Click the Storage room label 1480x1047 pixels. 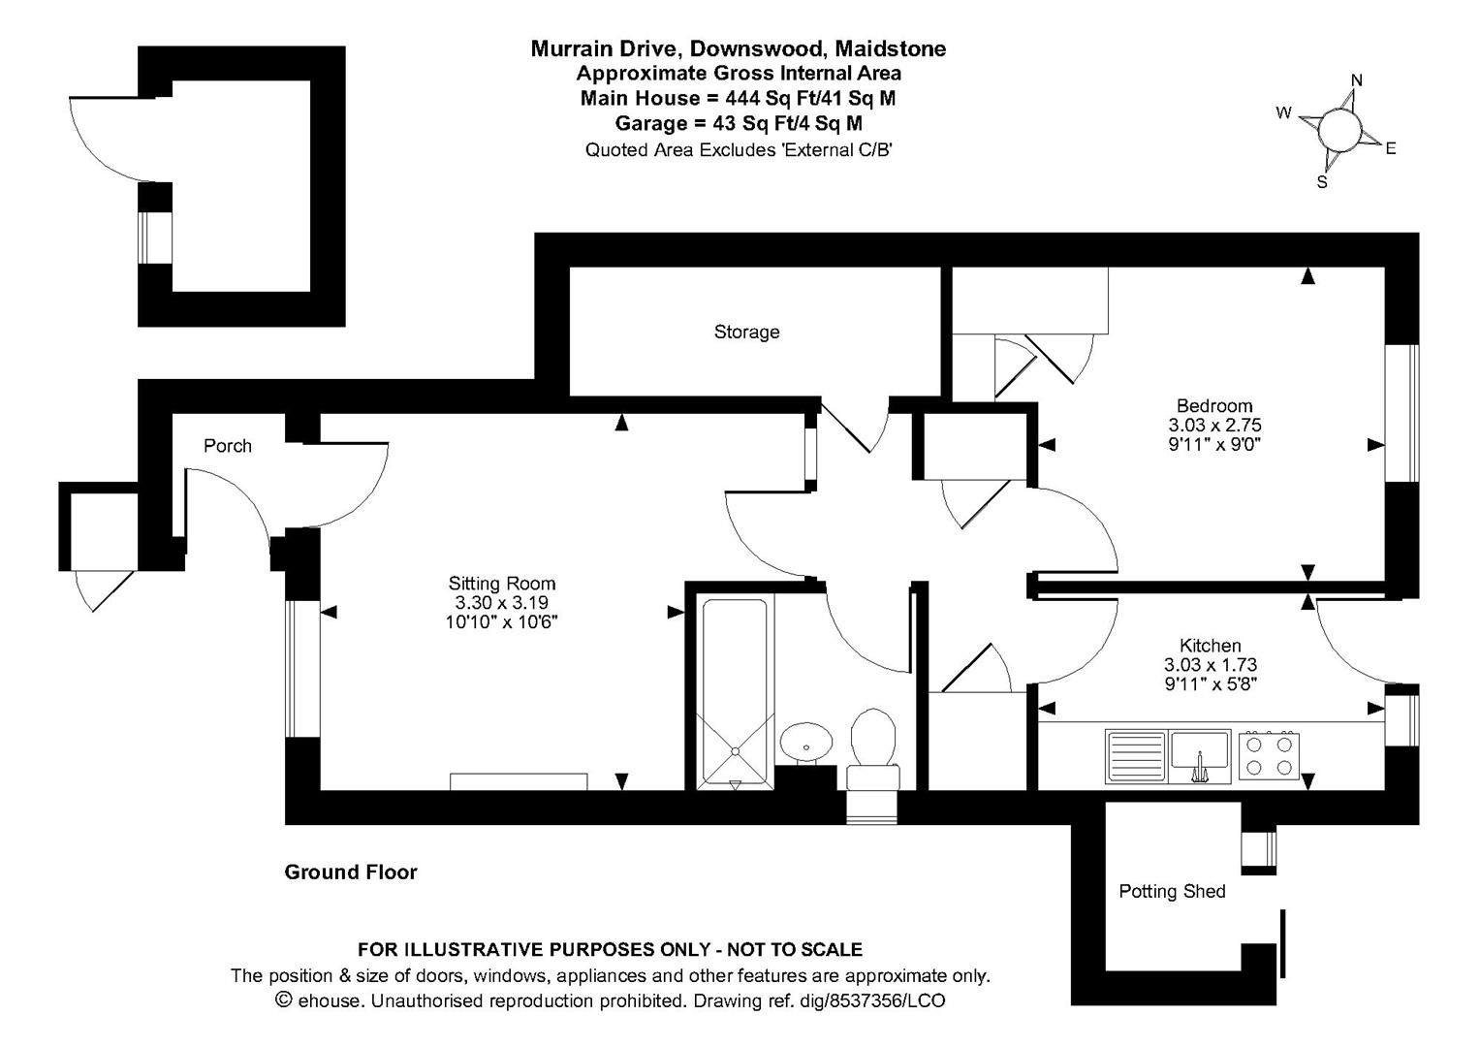pyautogui.click(x=746, y=332)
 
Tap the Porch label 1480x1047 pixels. pyautogui.click(x=228, y=446)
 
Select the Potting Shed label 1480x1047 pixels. pyautogui.click(x=1172, y=891)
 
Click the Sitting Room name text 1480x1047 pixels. pyautogui.click(x=501, y=583)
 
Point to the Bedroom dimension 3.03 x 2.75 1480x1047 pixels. pyautogui.click(x=1214, y=425)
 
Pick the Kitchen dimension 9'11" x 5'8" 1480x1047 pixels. pyautogui.click(x=1210, y=684)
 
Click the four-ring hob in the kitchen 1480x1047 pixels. pyautogui.click(x=1269, y=756)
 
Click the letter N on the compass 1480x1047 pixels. pyautogui.click(x=1357, y=80)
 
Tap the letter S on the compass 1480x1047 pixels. pyautogui.click(x=1321, y=181)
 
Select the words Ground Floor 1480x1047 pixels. pyautogui.click(x=351, y=872)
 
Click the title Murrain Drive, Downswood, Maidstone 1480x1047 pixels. pyautogui.click(x=739, y=48)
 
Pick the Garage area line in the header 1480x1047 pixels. pyautogui.click(x=739, y=123)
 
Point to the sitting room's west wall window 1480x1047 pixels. pyautogui.click(x=302, y=669)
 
